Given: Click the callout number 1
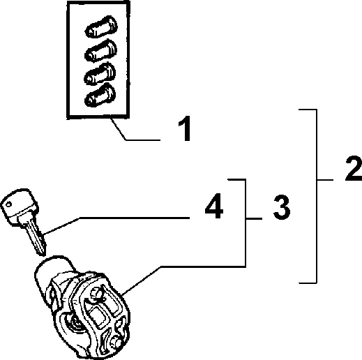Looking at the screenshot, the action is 185,128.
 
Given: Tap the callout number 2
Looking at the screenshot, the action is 354,168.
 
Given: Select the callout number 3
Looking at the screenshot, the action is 282,207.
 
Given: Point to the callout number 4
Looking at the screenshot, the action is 214,206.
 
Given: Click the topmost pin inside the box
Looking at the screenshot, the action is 101,27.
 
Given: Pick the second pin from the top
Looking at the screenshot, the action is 100,51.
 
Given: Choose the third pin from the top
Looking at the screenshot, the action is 100,73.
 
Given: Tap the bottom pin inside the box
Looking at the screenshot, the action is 100,95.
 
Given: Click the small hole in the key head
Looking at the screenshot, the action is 8,204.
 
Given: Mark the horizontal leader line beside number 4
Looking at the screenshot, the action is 135,218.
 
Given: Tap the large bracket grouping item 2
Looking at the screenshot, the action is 316,196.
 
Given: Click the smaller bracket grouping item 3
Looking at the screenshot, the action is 246,223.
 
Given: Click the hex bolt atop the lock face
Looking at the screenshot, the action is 96,294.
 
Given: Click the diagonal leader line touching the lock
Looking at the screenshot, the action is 141,281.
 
